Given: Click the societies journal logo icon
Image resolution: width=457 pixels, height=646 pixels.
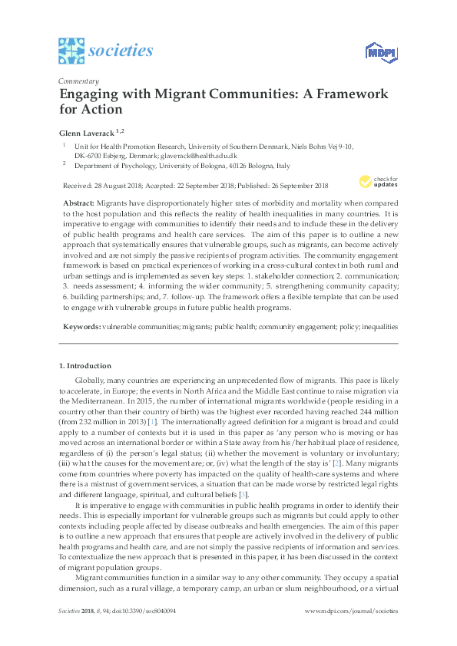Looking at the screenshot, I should coord(71,51).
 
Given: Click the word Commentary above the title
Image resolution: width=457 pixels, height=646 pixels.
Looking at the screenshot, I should coord(78,81).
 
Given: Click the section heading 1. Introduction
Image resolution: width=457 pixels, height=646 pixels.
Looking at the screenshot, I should coord(85,366).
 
